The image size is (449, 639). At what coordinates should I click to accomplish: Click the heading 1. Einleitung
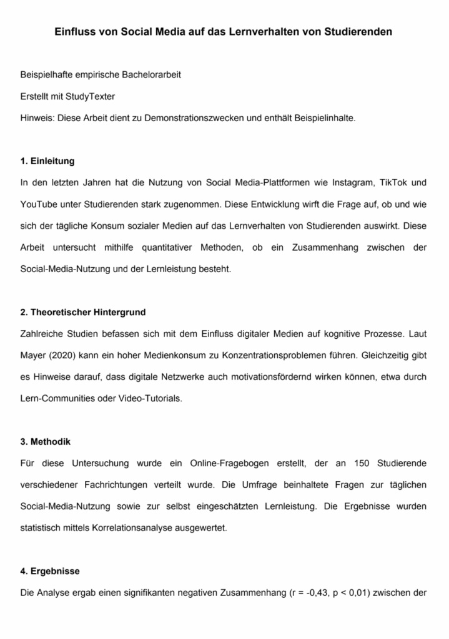(x=47, y=161)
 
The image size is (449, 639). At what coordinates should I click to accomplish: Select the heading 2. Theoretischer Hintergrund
(x=82, y=311)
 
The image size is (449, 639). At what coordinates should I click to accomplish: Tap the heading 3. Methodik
(x=45, y=441)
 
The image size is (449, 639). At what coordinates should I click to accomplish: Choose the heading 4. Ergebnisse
(x=49, y=570)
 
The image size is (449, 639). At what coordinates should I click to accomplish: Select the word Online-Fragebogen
(x=227, y=463)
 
